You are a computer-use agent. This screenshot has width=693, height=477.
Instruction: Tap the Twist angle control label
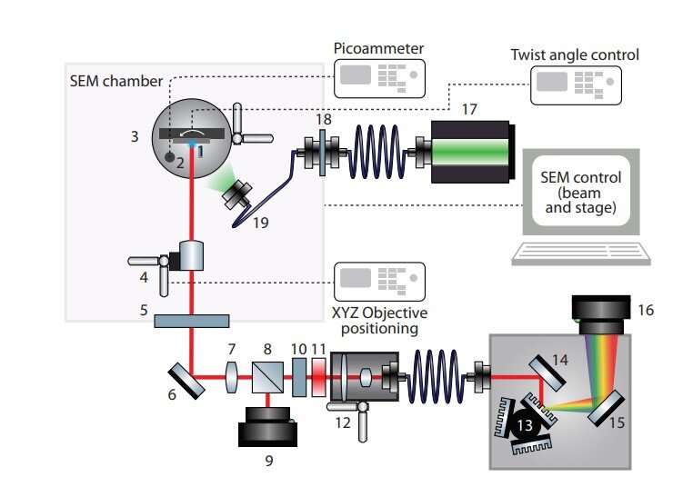(575, 55)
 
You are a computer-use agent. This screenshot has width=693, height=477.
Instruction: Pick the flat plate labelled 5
(191, 320)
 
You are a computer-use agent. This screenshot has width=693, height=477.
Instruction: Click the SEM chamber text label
(107, 81)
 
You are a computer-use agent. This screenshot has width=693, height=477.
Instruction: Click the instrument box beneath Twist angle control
(574, 86)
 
